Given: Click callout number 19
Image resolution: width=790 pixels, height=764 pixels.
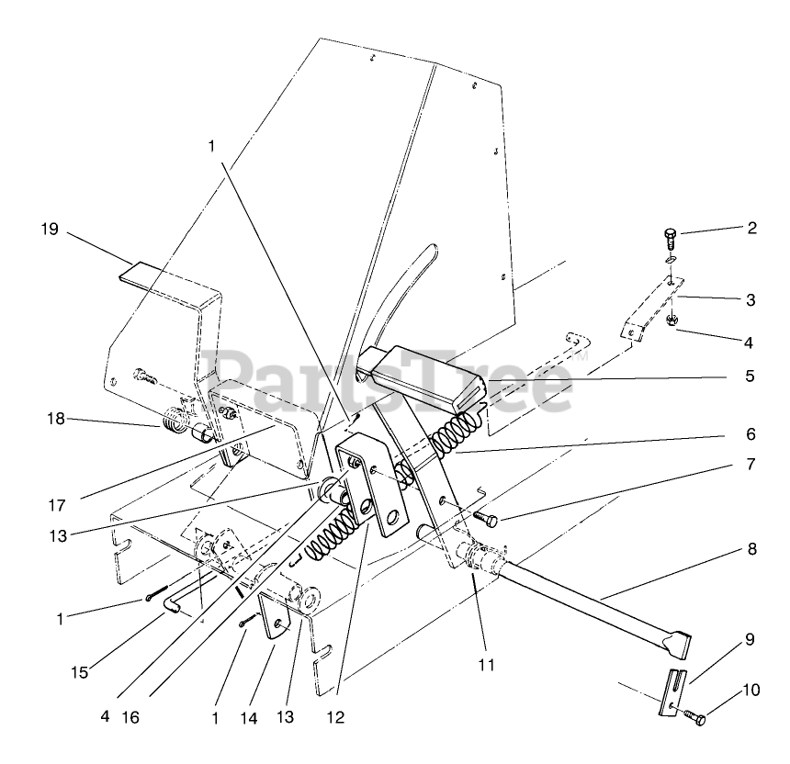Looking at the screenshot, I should click(49, 230).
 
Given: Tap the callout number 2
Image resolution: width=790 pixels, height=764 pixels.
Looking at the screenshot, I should click(751, 229).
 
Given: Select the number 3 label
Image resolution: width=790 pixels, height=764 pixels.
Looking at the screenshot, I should click(751, 299).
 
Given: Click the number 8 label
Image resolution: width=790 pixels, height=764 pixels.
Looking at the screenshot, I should click(751, 552).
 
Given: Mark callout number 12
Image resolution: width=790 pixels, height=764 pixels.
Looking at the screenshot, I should click(335, 717).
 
